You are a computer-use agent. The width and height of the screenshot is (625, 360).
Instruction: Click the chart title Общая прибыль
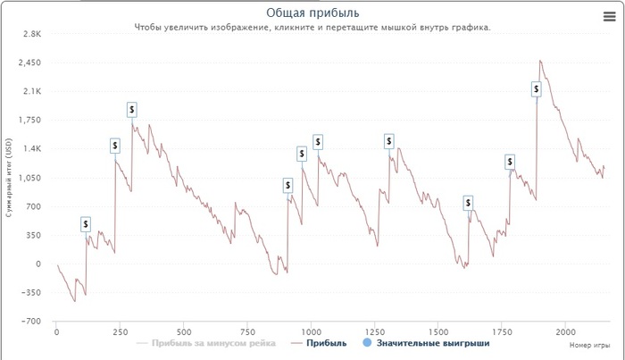pos(312,13)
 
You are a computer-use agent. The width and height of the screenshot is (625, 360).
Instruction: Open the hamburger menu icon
pos(609,16)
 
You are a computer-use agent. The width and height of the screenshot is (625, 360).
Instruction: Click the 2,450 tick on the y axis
pos(29,63)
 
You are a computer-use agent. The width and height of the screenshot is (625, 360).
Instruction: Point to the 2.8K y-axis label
pos(31,34)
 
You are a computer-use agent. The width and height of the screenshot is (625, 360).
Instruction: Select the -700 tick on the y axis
pos(31,322)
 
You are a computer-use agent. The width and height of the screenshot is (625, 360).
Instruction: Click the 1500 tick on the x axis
pos(437,331)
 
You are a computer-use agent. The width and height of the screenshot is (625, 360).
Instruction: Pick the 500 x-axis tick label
pos(183,331)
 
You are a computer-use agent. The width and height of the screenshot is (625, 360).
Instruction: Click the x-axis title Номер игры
pos(588,344)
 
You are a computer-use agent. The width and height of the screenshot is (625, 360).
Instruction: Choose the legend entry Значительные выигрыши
pos(433,343)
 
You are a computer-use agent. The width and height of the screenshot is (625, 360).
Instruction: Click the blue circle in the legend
pos(368,343)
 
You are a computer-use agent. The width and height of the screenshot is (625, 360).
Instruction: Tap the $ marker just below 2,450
pos(537,88)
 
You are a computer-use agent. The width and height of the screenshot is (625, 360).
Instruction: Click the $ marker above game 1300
pos(389,141)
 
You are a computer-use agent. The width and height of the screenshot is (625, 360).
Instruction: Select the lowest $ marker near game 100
pos(86,224)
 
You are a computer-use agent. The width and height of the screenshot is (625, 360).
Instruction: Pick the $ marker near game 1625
pos(469,203)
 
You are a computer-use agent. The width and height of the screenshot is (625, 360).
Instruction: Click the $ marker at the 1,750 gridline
pos(132,109)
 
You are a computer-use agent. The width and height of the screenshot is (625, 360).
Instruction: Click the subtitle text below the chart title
pos(312,28)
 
